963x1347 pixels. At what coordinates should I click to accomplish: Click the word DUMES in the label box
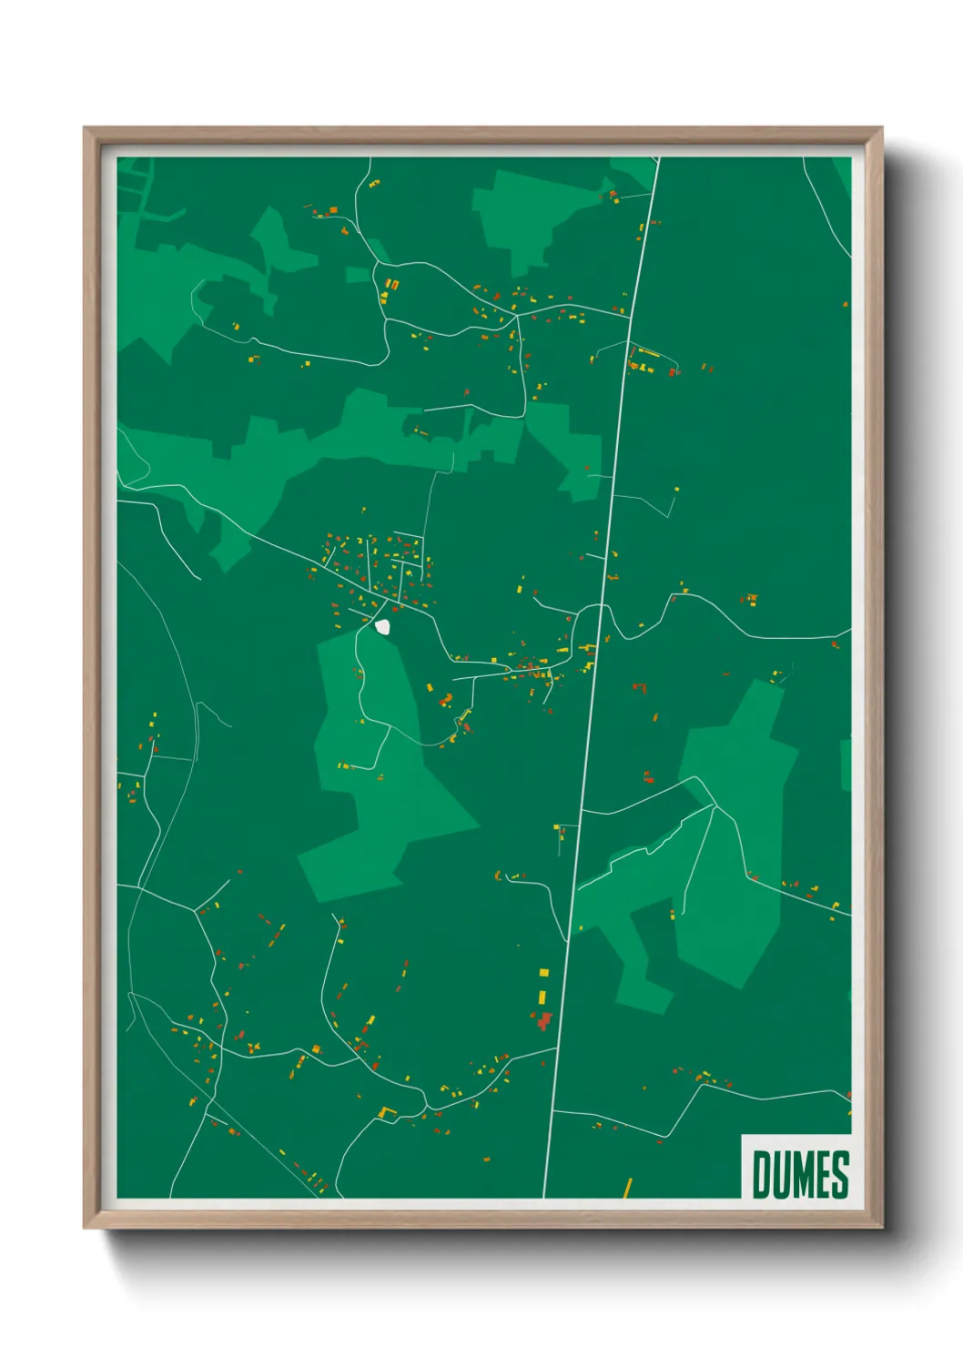[800, 1174]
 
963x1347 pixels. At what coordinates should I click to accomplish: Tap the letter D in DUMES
[761, 1174]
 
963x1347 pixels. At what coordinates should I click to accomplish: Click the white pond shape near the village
[383, 626]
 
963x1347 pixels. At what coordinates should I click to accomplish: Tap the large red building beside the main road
[544, 1020]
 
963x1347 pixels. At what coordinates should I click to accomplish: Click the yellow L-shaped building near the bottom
[387, 1111]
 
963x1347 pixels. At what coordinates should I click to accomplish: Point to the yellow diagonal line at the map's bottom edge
[627, 1188]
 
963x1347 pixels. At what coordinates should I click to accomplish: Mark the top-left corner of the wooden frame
[86, 129]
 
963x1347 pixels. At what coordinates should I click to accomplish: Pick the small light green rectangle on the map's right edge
[846, 765]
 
